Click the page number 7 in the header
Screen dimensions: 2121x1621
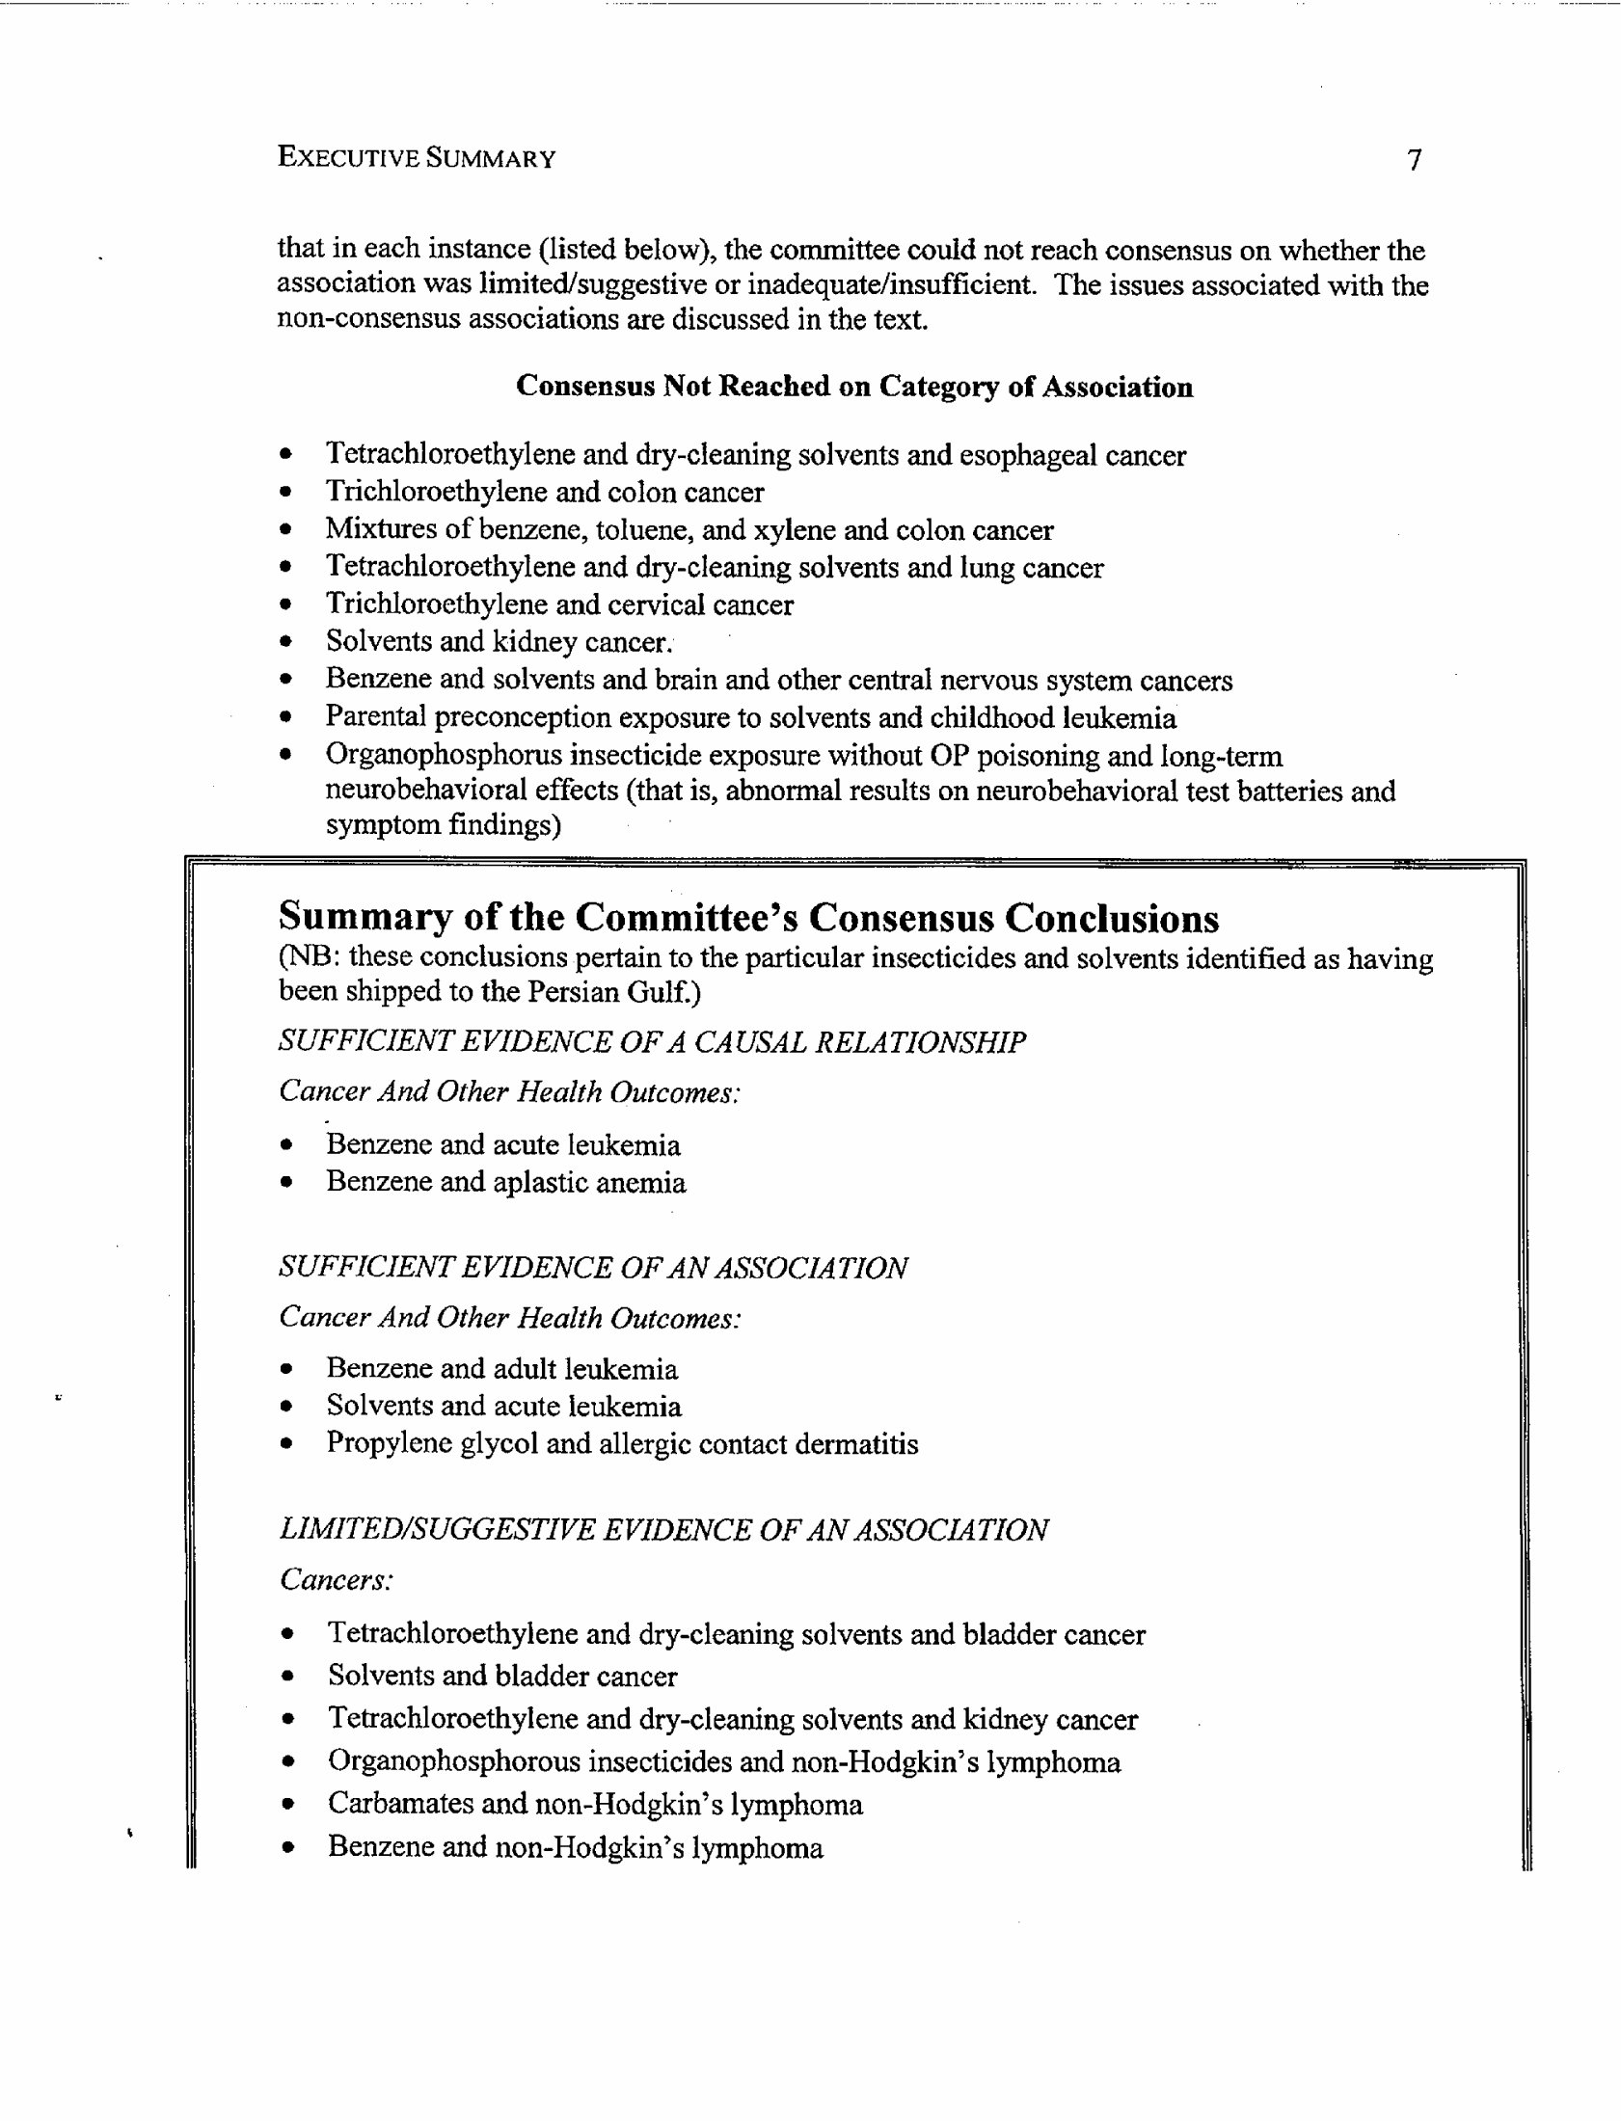[x=1414, y=159]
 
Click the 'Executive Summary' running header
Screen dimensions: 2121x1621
[x=416, y=157]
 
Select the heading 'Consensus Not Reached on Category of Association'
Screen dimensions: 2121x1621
[x=854, y=387]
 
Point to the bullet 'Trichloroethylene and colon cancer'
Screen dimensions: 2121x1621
[x=544, y=492]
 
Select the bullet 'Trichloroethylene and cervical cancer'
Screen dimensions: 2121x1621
[x=558, y=604]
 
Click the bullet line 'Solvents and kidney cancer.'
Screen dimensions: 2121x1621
[x=498, y=641]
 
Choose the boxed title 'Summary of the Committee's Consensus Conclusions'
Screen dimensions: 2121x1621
[x=747, y=917]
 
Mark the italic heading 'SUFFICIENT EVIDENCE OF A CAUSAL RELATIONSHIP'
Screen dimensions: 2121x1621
[x=651, y=1041]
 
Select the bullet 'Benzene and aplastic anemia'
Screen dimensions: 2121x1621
[x=505, y=1183]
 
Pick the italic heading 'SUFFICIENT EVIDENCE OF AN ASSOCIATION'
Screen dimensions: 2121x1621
[x=592, y=1268]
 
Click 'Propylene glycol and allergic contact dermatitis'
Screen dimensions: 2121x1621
[x=621, y=1444]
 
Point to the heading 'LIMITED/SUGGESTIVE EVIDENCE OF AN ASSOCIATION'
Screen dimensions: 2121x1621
[x=662, y=1530]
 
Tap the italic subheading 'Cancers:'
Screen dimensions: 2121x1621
[x=336, y=1580]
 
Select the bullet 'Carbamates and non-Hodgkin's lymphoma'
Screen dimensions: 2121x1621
[x=594, y=1804]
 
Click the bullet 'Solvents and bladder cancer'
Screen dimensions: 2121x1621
[x=501, y=1676]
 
